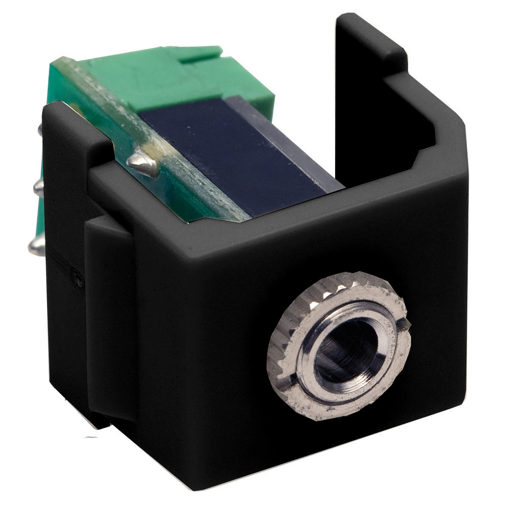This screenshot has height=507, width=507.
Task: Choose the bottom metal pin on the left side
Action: click(36, 245)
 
